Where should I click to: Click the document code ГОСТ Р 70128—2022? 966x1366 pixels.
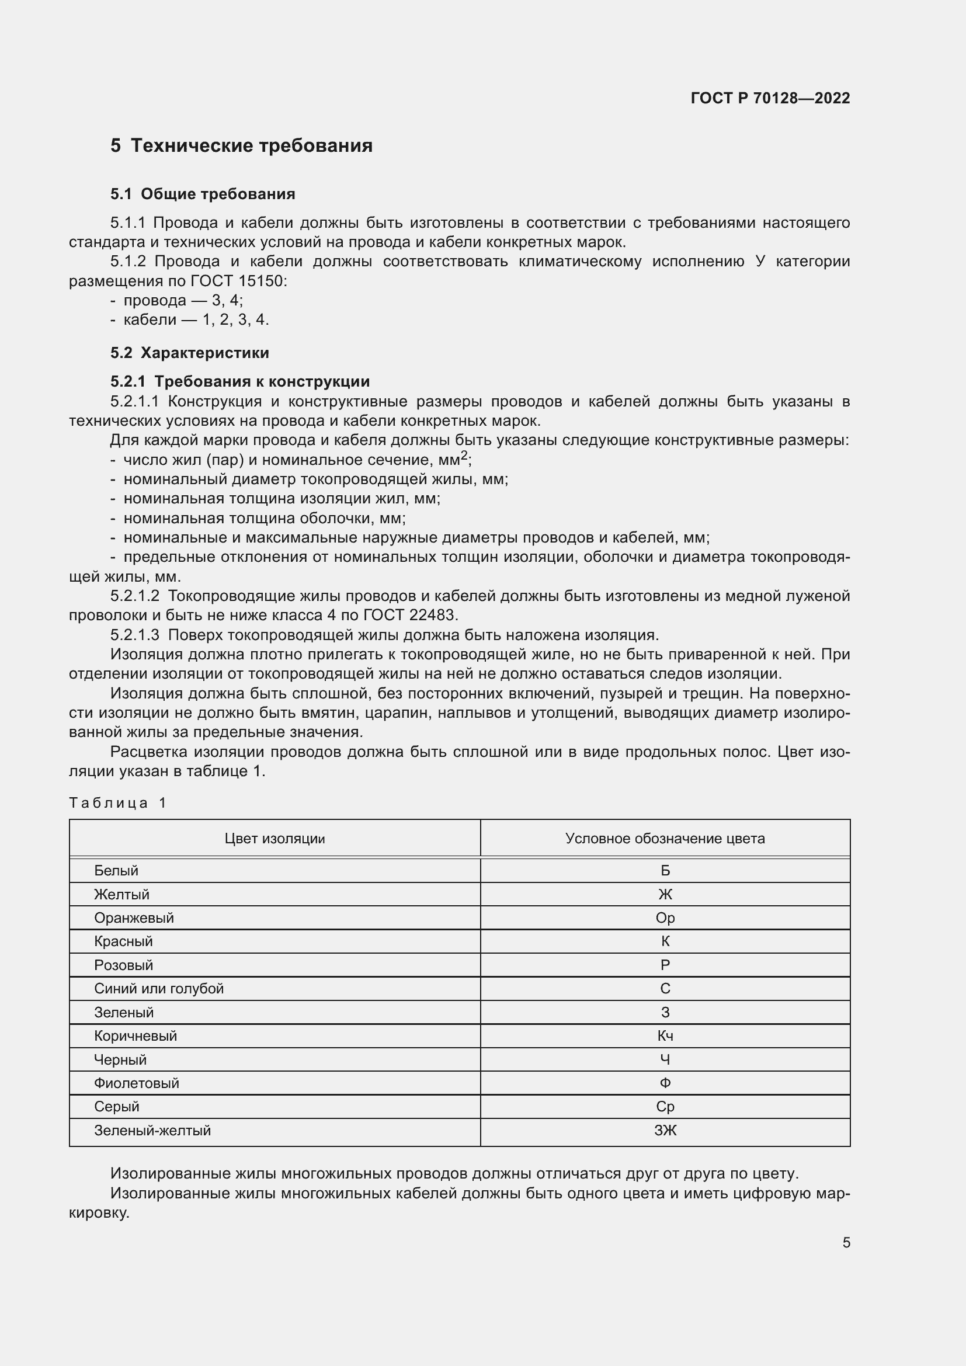point(770,98)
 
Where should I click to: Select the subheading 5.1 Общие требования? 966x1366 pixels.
point(202,194)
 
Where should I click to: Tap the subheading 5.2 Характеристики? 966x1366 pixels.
point(189,353)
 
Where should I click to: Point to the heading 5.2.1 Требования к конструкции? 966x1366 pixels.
point(239,381)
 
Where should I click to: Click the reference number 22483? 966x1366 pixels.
point(432,615)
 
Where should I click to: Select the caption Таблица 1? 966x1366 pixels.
point(117,803)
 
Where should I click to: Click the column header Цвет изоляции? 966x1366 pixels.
point(274,839)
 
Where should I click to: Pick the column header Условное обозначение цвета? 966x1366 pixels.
point(665,839)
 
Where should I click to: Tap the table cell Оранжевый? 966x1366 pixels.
point(134,918)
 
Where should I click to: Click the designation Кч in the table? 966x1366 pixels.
point(665,1037)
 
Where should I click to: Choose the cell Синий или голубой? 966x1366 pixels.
point(159,989)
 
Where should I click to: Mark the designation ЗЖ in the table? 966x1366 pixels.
point(665,1131)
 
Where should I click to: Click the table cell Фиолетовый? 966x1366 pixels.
point(136,1083)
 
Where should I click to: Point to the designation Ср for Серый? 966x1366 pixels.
point(665,1107)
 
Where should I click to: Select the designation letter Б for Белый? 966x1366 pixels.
point(665,871)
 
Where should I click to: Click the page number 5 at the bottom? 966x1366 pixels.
point(846,1243)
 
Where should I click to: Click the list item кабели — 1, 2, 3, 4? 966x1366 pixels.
point(196,320)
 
